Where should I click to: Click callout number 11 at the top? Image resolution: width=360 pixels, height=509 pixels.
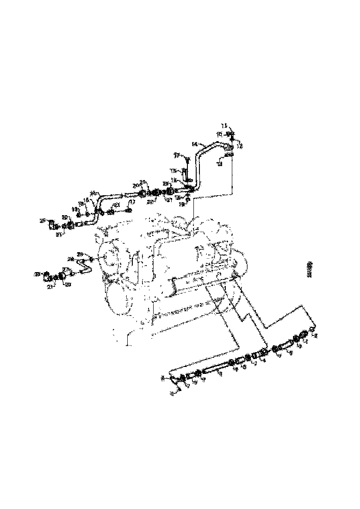click(224, 125)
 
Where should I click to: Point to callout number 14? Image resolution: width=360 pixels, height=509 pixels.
click(194, 144)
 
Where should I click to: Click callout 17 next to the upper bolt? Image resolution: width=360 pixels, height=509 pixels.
click(176, 155)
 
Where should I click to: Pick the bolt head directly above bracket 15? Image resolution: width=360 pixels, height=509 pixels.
click(187, 159)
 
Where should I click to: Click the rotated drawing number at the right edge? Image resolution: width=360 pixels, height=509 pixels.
click(310, 269)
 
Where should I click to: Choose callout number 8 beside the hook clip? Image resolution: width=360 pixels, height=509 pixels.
click(162, 378)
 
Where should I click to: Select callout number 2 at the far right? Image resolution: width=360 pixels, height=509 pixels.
click(316, 336)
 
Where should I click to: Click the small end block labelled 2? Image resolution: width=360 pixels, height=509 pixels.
click(311, 329)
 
